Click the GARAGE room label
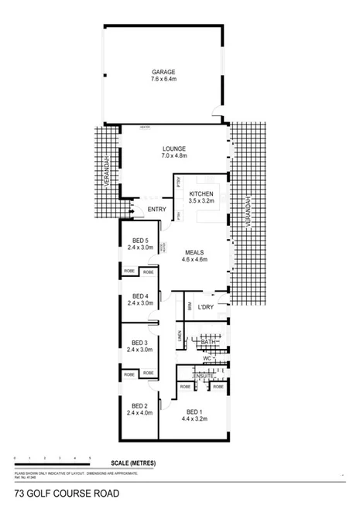point(164,71)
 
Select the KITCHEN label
point(201,193)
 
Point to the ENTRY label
point(156,209)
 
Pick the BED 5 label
point(140,240)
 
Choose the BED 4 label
point(140,296)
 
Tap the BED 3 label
point(140,343)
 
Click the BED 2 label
point(140,405)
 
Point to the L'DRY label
point(206,308)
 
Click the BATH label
point(207,341)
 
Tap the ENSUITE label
point(204,375)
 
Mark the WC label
point(207,359)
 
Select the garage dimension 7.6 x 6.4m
point(164,79)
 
